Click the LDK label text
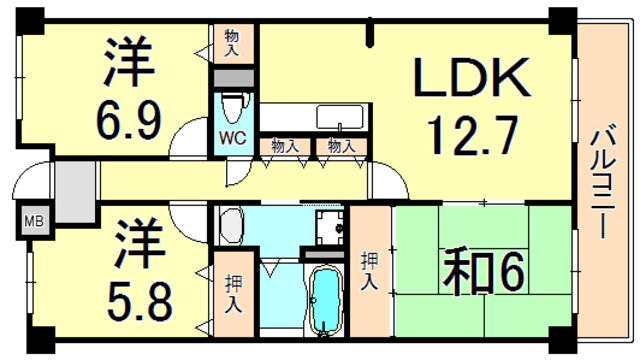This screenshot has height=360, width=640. tap(472, 77)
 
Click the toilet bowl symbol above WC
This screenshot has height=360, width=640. tap(233, 106)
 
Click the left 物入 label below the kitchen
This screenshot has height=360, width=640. tap(285, 146)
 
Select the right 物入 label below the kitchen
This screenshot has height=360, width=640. tap(341, 146)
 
